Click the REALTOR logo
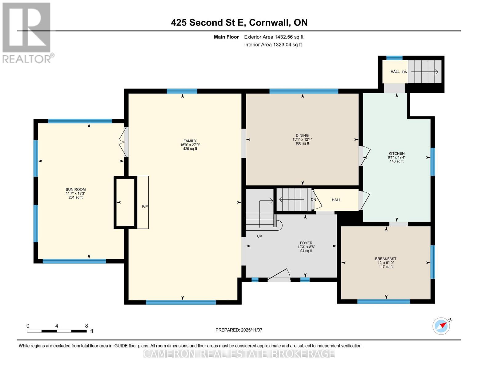(27, 33)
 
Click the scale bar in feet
(57, 331)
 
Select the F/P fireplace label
(145, 206)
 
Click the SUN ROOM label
(75, 190)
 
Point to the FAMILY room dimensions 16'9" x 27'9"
(190, 145)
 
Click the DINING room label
(302, 135)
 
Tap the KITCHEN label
(396, 153)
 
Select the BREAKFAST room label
(385, 259)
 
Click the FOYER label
(306, 243)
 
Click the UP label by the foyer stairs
(259, 236)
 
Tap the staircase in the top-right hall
(424, 72)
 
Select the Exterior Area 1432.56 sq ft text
(274, 37)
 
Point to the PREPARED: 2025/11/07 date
(239, 330)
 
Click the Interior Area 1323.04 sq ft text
(273, 45)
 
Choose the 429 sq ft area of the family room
(190, 149)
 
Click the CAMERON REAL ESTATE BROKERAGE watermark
(239, 353)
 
